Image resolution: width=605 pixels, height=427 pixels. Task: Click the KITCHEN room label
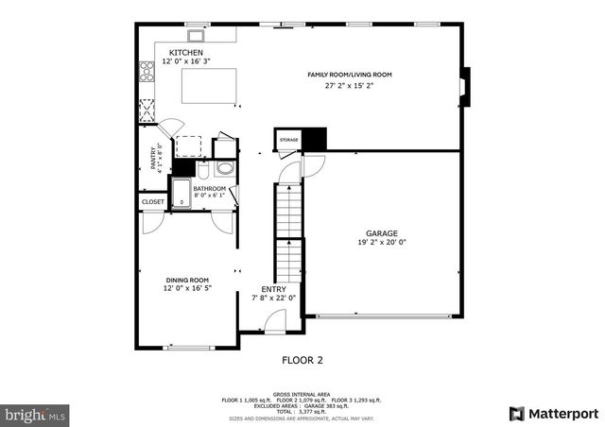coord(185,52)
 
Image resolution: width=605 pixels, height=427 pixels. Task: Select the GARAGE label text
coord(382,232)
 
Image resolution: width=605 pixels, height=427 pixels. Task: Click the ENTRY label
coord(274,289)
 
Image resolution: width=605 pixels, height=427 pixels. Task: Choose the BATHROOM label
coord(209,188)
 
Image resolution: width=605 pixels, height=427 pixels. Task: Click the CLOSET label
coord(152,201)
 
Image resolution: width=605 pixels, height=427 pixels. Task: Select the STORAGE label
coord(288,140)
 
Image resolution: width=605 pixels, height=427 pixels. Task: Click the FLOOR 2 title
coord(302,360)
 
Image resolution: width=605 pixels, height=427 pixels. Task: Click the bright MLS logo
coord(36,414)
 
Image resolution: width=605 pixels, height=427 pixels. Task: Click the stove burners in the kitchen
coord(147,72)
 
